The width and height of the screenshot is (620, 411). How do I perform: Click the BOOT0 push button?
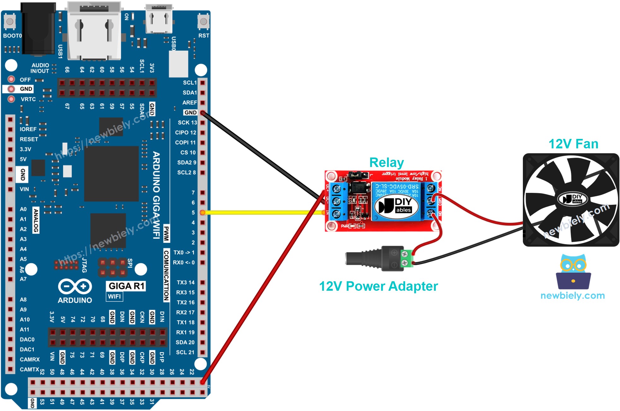click(x=10, y=21)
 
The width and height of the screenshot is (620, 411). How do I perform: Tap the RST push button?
click(x=204, y=21)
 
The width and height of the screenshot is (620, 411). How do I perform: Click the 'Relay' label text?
click(x=386, y=163)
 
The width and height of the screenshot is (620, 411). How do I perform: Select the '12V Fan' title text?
click(x=573, y=144)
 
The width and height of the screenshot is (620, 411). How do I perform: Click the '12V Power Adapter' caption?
click(x=378, y=286)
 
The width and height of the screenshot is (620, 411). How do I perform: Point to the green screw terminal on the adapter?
click(x=407, y=258)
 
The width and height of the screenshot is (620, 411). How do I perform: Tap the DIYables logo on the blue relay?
click(x=396, y=205)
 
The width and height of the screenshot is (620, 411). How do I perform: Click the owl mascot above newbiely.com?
click(x=573, y=271)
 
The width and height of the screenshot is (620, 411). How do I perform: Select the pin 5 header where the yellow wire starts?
click(x=203, y=212)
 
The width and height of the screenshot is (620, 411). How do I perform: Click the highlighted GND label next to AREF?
click(x=190, y=112)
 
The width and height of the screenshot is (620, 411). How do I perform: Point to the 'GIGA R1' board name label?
click(x=126, y=286)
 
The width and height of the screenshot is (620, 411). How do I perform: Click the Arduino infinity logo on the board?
click(x=75, y=287)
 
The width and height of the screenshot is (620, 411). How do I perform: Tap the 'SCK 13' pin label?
click(x=187, y=122)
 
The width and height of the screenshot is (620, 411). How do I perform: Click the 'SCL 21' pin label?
click(x=185, y=352)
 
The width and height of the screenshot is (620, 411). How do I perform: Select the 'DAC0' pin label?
click(x=27, y=339)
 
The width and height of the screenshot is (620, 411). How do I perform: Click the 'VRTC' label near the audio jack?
click(x=28, y=99)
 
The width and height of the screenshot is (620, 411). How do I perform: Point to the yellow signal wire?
click(x=262, y=212)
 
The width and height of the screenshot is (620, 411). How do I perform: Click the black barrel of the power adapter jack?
click(x=363, y=258)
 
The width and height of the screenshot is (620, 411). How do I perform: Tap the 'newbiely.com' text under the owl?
click(x=572, y=295)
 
